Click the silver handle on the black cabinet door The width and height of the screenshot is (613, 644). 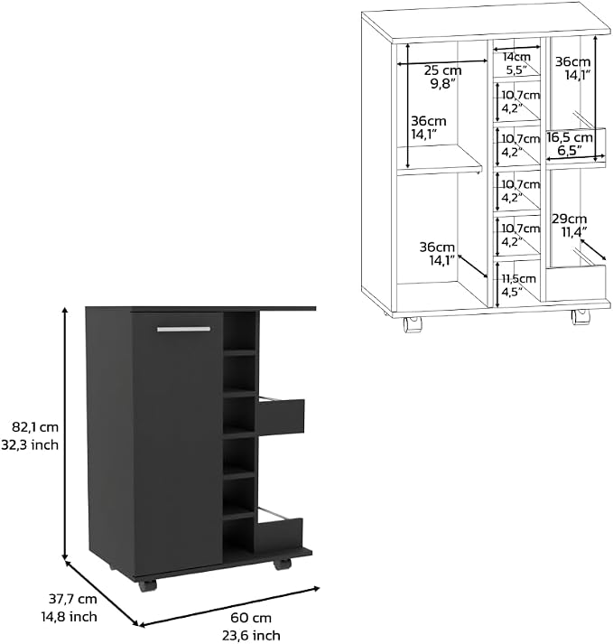coord(183,329)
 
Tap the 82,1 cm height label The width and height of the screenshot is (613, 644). coord(35,427)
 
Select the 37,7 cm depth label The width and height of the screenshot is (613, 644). coord(73,599)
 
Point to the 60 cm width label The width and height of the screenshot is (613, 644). coord(251,617)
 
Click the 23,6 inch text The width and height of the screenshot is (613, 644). coord(251,635)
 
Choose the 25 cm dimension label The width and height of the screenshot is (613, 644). coord(442,70)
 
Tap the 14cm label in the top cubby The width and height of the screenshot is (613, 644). coord(517,57)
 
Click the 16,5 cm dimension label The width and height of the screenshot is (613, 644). coord(570,137)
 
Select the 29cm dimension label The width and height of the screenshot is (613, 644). coord(569,219)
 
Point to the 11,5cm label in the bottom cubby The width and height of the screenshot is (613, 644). coord(519,278)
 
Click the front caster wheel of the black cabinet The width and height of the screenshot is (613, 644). coord(147,585)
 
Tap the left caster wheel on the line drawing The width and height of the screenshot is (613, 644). coord(413,324)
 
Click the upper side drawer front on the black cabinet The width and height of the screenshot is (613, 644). coord(281,415)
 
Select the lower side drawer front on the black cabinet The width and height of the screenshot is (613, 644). coord(278,535)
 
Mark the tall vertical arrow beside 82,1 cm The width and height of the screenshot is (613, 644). coord(64,433)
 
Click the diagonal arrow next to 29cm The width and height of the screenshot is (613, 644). coord(593,250)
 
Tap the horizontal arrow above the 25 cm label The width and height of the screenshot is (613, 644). coord(442,62)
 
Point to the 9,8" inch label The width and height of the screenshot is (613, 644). coord(441,84)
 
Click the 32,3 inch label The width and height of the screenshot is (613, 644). coord(30,444)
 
